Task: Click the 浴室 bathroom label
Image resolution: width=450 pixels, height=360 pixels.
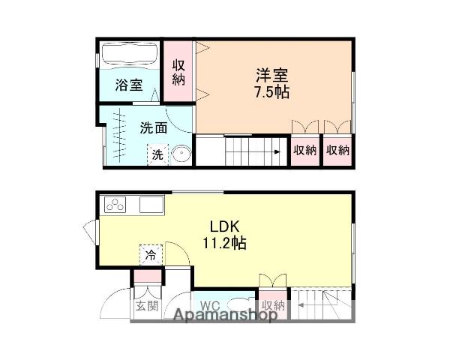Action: point(128,84)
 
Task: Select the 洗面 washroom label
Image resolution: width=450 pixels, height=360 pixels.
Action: point(153,127)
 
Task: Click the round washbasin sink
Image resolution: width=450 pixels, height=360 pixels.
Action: point(181,155)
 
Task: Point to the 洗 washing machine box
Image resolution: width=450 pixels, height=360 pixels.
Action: point(157,154)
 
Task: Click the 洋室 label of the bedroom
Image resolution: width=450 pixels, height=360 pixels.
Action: point(271,76)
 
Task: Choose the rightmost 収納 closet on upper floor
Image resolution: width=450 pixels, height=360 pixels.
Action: point(337,150)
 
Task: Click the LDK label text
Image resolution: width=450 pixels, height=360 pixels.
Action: point(224,226)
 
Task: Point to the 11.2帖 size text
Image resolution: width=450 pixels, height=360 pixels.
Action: point(224,243)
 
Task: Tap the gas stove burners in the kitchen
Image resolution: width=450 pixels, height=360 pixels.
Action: point(117,204)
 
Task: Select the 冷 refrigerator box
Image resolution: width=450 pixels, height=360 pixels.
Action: point(150,255)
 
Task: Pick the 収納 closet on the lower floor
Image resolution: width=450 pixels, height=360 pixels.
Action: point(273,304)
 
